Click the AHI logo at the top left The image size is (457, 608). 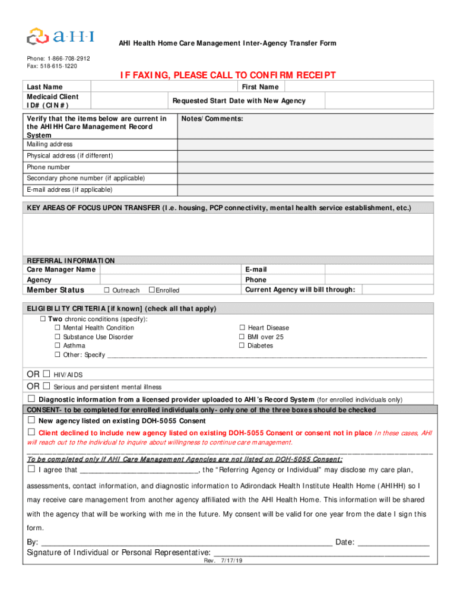60,35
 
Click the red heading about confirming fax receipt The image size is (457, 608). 228,75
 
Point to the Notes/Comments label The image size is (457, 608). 212,119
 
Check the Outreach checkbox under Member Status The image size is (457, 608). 107,290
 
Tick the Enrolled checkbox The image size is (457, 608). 151,290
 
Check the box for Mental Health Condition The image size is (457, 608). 58,328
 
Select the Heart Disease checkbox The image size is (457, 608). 242,328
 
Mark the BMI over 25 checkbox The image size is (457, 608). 242,337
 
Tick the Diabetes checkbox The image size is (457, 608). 242,346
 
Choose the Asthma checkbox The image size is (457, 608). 58,346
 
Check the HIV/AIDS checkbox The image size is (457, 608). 47,374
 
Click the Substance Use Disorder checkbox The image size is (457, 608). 58,337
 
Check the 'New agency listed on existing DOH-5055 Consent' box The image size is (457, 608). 31,420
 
